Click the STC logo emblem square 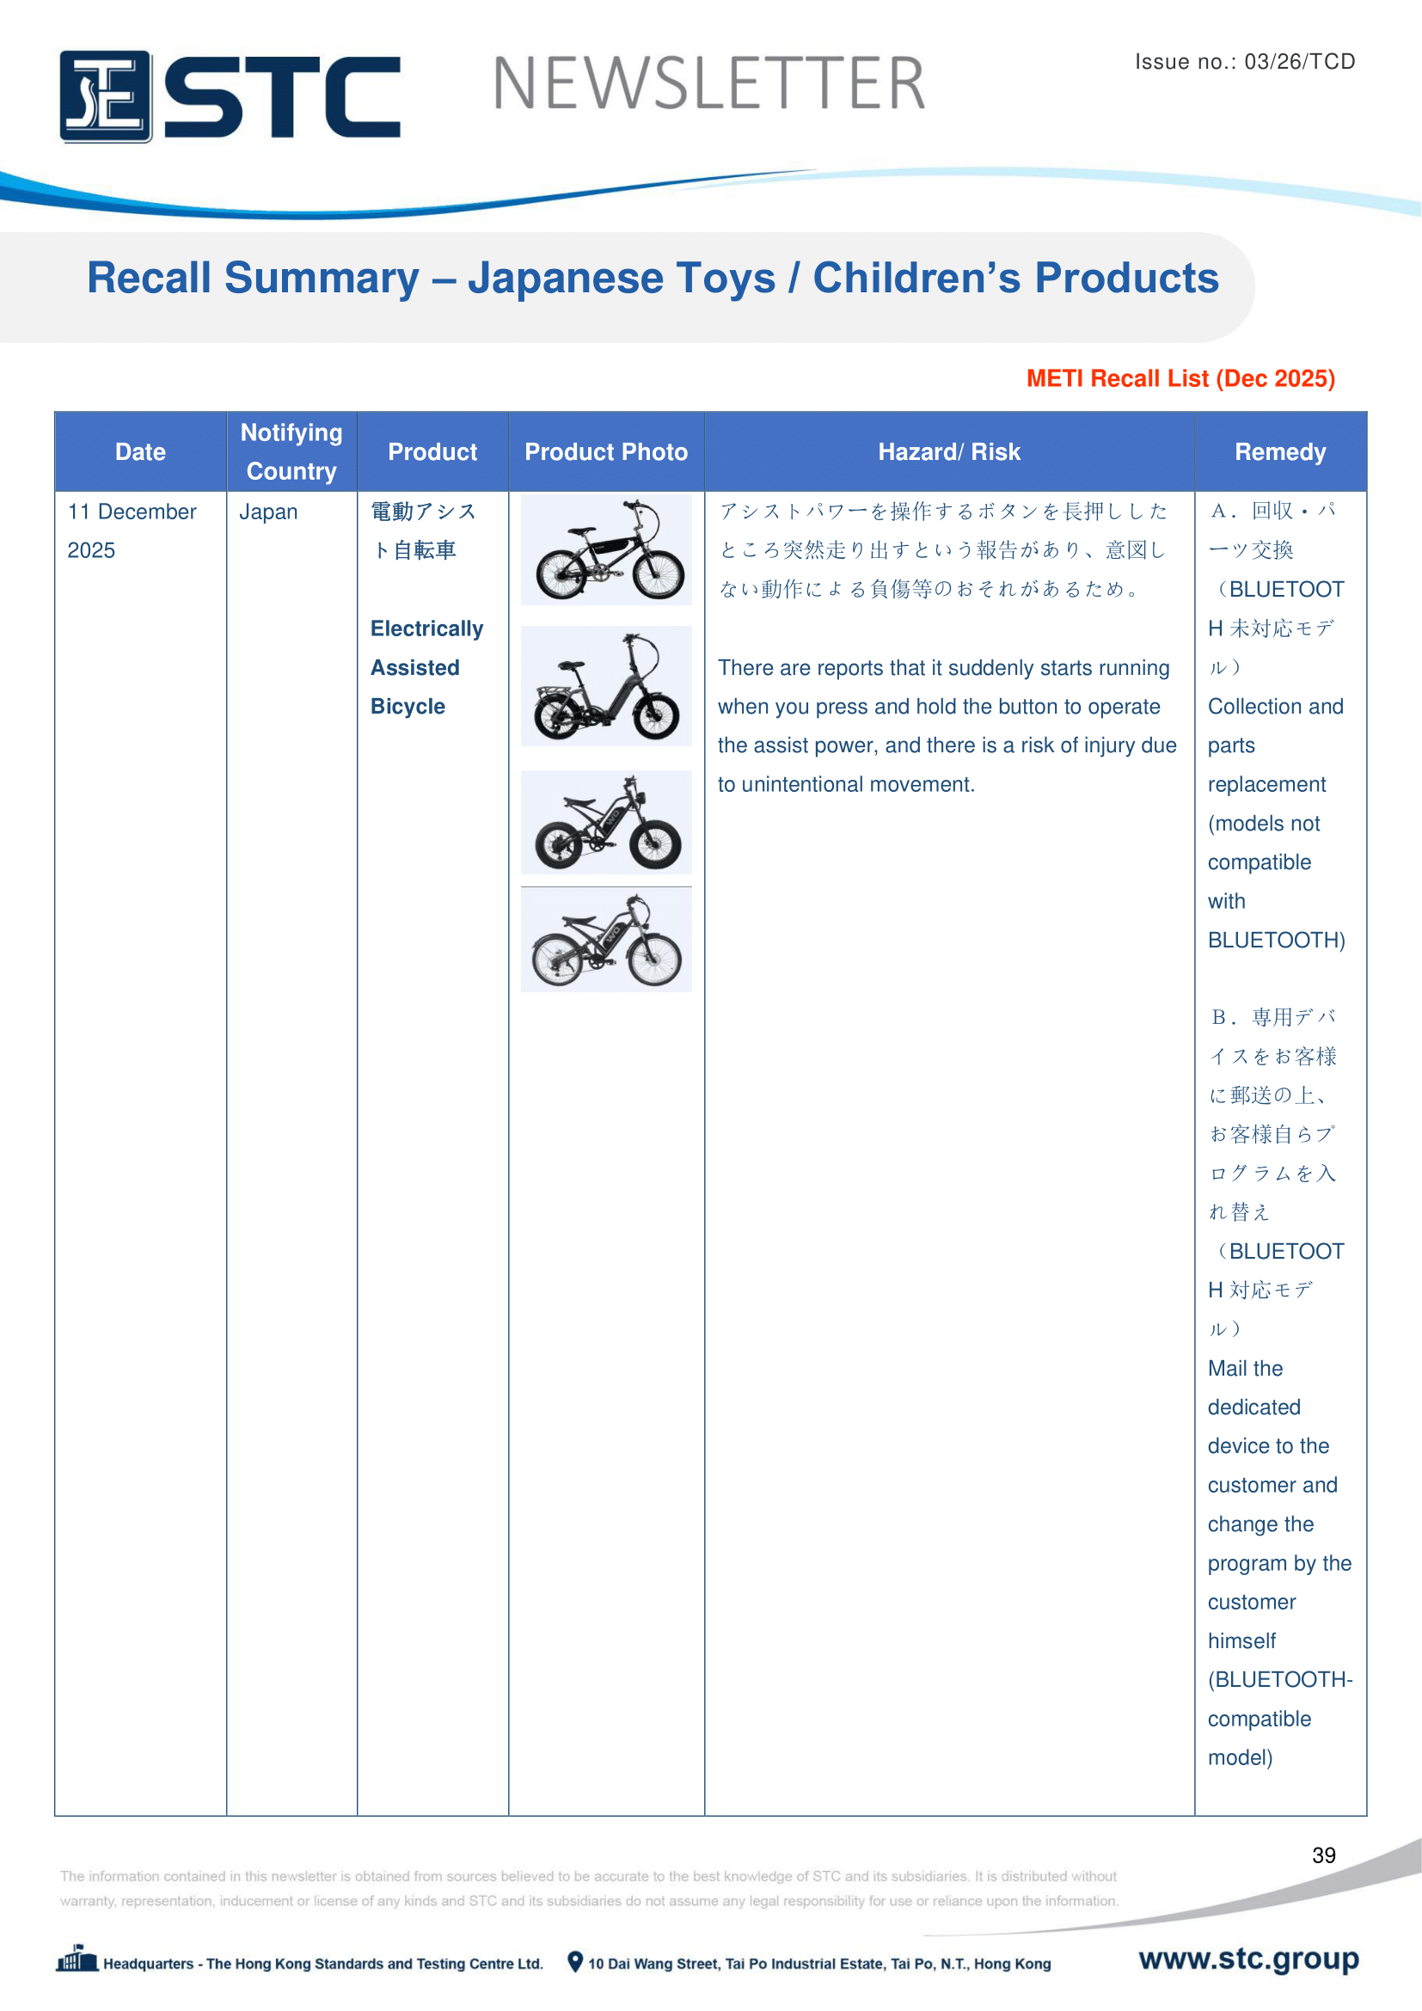tap(105, 96)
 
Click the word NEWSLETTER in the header tap(708, 84)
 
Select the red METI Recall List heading tap(1180, 378)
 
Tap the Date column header tap(140, 452)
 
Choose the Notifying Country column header tap(291, 452)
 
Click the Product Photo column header tap(606, 452)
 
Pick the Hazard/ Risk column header tap(949, 452)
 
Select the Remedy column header tap(1279, 452)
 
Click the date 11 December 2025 tap(132, 530)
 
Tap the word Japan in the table tap(268, 512)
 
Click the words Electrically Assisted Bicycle tap(426, 667)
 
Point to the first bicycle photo tap(606, 550)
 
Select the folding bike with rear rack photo tap(606, 686)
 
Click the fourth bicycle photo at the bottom tap(606, 941)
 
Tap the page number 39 tap(1323, 1855)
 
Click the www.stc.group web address tap(1247, 1959)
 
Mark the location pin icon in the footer tap(574, 1962)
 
